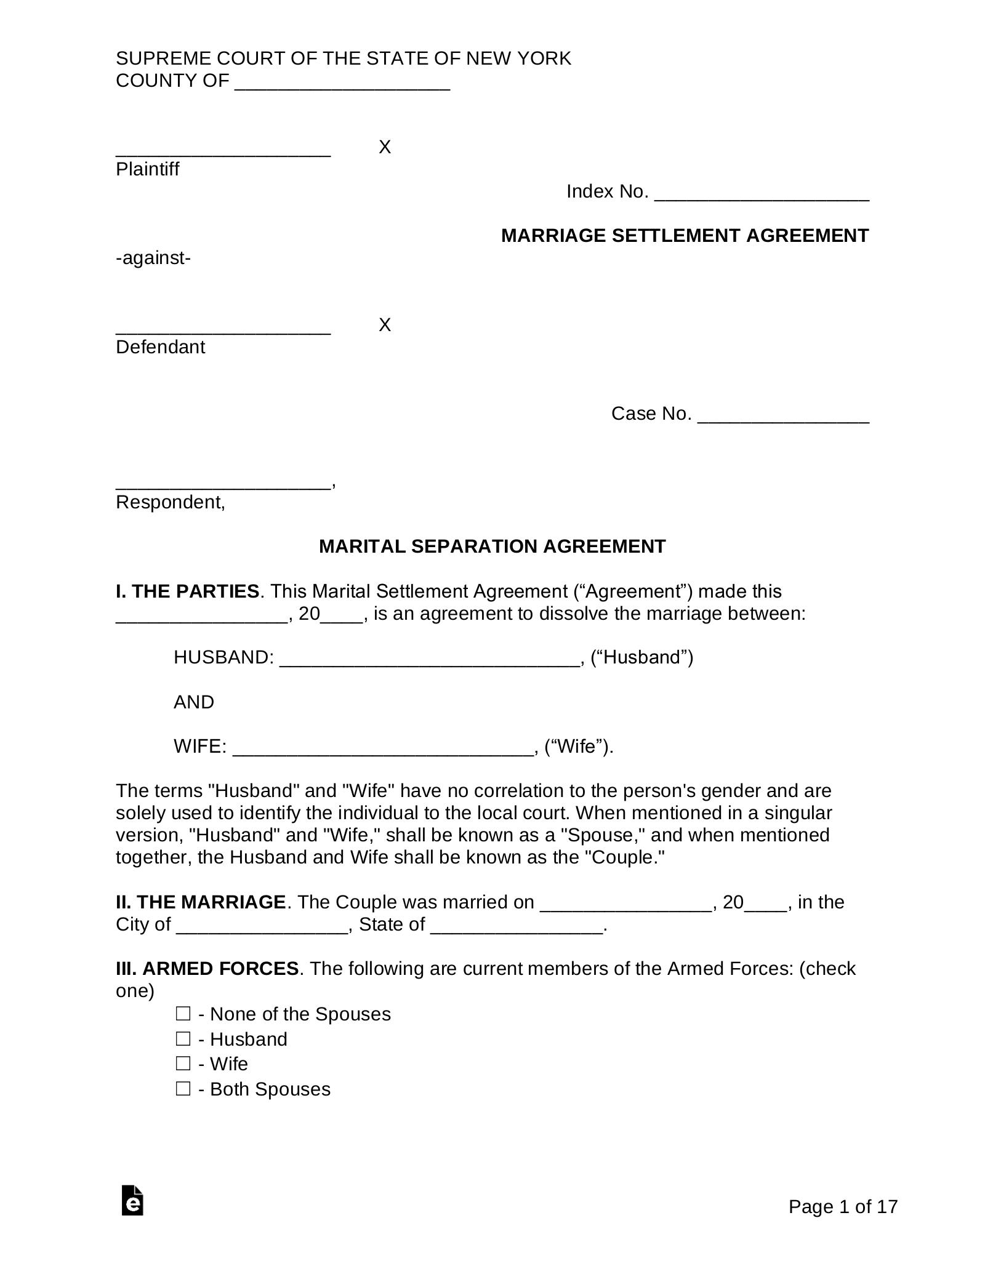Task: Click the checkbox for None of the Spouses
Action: (x=183, y=1013)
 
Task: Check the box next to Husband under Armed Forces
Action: (x=183, y=1038)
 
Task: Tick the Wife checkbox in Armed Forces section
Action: (x=183, y=1063)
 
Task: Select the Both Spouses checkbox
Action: (x=183, y=1088)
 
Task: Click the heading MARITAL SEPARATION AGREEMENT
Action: (x=492, y=547)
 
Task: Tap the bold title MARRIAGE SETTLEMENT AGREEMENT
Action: (x=685, y=236)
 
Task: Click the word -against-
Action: (x=153, y=258)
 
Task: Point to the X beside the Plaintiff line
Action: (x=385, y=147)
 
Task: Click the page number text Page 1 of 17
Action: (x=843, y=1207)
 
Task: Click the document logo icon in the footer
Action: (x=132, y=1200)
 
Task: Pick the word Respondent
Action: (x=170, y=502)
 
